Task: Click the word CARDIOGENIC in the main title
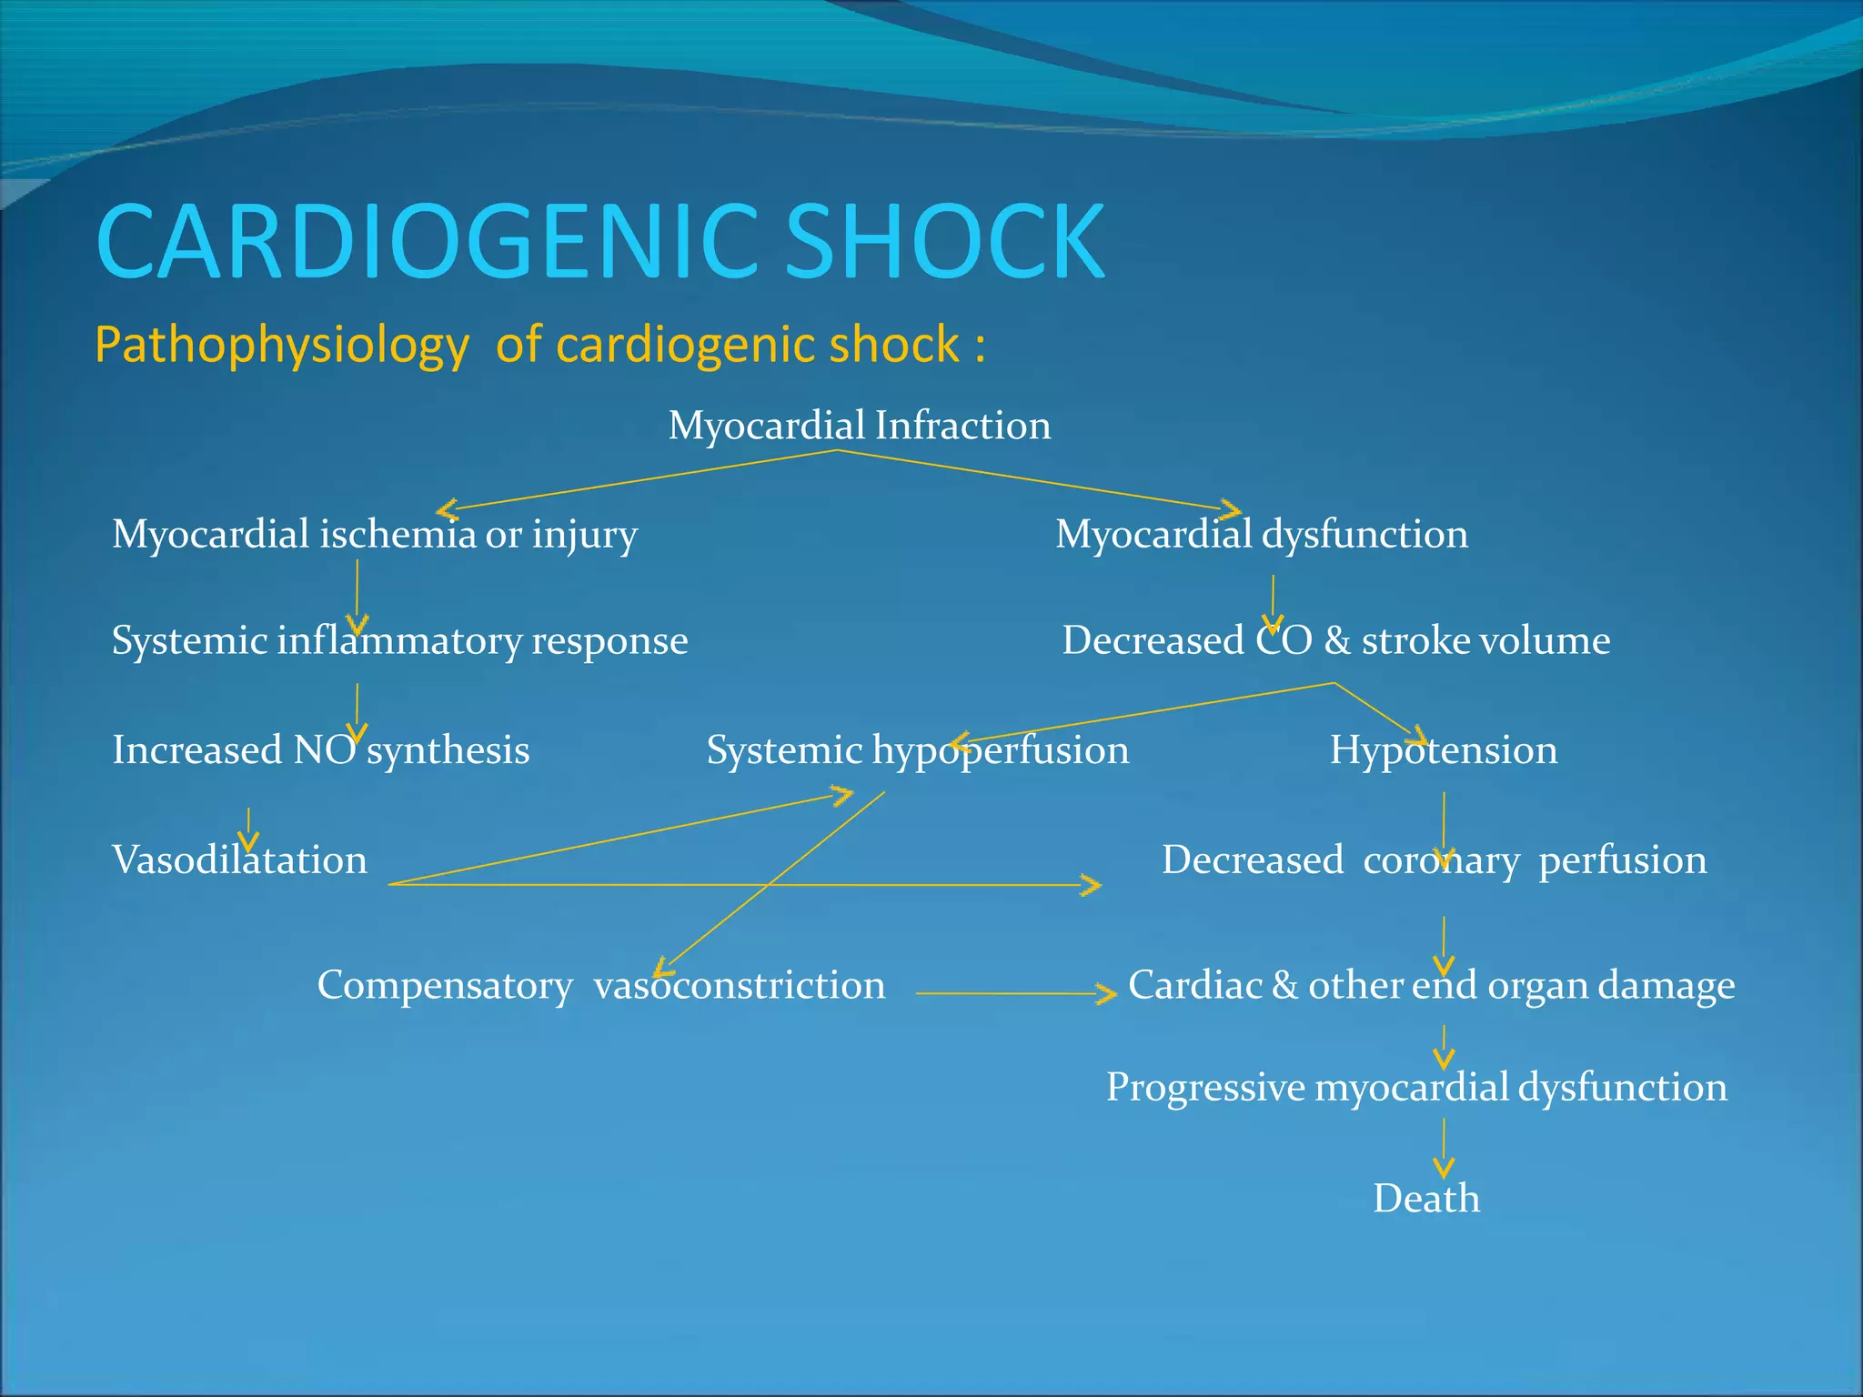[x=428, y=242]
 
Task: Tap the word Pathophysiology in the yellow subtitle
[x=282, y=346]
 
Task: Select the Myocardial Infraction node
[x=859, y=426]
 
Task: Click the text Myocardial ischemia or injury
[x=374, y=534]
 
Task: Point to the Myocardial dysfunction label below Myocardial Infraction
[x=1261, y=534]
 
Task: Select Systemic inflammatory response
[x=399, y=640]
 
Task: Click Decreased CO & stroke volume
[x=1335, y=640]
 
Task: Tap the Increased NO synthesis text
[x=320, y=750]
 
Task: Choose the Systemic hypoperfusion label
[x=917, y=750]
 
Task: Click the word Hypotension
[x=1443, y=750]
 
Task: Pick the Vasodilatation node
[x=239, y=860]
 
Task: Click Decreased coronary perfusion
[x=1434, y=860]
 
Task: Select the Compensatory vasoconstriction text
[x=600, y=985]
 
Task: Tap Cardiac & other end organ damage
[x=1431, y=985]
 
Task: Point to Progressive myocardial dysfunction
[x=1416, y=1088]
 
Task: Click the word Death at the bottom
[x=1425, y=1199]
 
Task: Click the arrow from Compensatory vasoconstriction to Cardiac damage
[x=1014, y=994]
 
